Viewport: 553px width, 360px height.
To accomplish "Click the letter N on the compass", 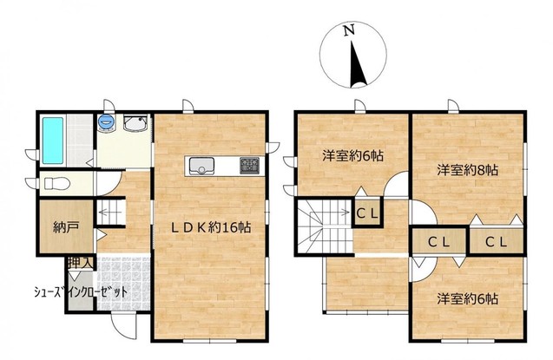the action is [x=349, y=31].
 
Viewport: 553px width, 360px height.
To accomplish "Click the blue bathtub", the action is [x=53, y=141].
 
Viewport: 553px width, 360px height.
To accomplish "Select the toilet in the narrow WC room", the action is [x=56, y=184].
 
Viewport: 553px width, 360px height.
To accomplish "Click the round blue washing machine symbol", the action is [x=106, y=122].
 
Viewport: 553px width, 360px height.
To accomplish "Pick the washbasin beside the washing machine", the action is [x=135, y=123].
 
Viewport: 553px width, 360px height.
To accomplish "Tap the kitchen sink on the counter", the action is [x=201, y=166].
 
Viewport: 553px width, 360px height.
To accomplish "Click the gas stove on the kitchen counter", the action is [x=249, y=165].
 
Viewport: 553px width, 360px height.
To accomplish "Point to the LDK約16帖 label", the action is [x=211, y=228].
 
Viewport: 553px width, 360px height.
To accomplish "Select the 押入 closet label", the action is [x=80, y=263].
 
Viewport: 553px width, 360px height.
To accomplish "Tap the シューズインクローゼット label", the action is [x=81, y=292].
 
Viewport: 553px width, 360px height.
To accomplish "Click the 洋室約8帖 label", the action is [x=468, y=171].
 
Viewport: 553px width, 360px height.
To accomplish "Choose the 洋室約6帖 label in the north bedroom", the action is [x=352, y=155].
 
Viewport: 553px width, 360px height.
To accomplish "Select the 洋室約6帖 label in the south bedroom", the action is [x=468, y=299].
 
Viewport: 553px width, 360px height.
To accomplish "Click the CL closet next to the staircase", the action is [x=367, y=213].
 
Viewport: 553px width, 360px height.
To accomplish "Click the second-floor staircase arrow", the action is [x=336, y=212].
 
